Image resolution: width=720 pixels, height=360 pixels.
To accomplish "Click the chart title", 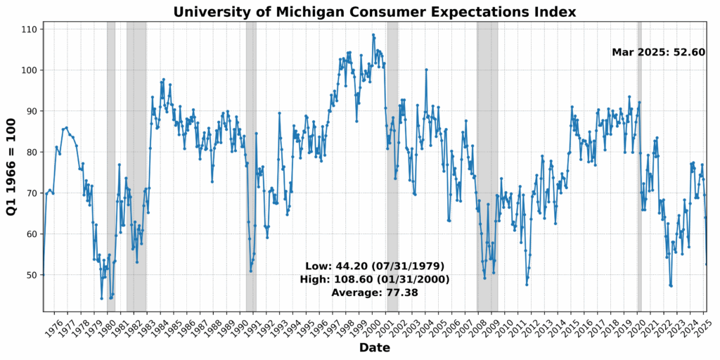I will [x=375, y=12].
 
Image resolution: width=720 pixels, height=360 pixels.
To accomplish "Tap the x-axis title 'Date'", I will [x=374, y=348].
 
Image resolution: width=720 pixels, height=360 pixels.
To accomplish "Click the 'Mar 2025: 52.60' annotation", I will [x=658, y=52].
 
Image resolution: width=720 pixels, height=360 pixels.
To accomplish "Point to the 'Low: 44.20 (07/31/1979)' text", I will [x=374, y=266].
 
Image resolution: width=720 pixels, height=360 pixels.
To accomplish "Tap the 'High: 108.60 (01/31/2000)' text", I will [x=374, y=279].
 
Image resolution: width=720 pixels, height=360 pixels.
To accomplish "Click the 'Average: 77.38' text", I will [x=374, y=292].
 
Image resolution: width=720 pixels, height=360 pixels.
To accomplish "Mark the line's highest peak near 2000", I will [x=373, y=35].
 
